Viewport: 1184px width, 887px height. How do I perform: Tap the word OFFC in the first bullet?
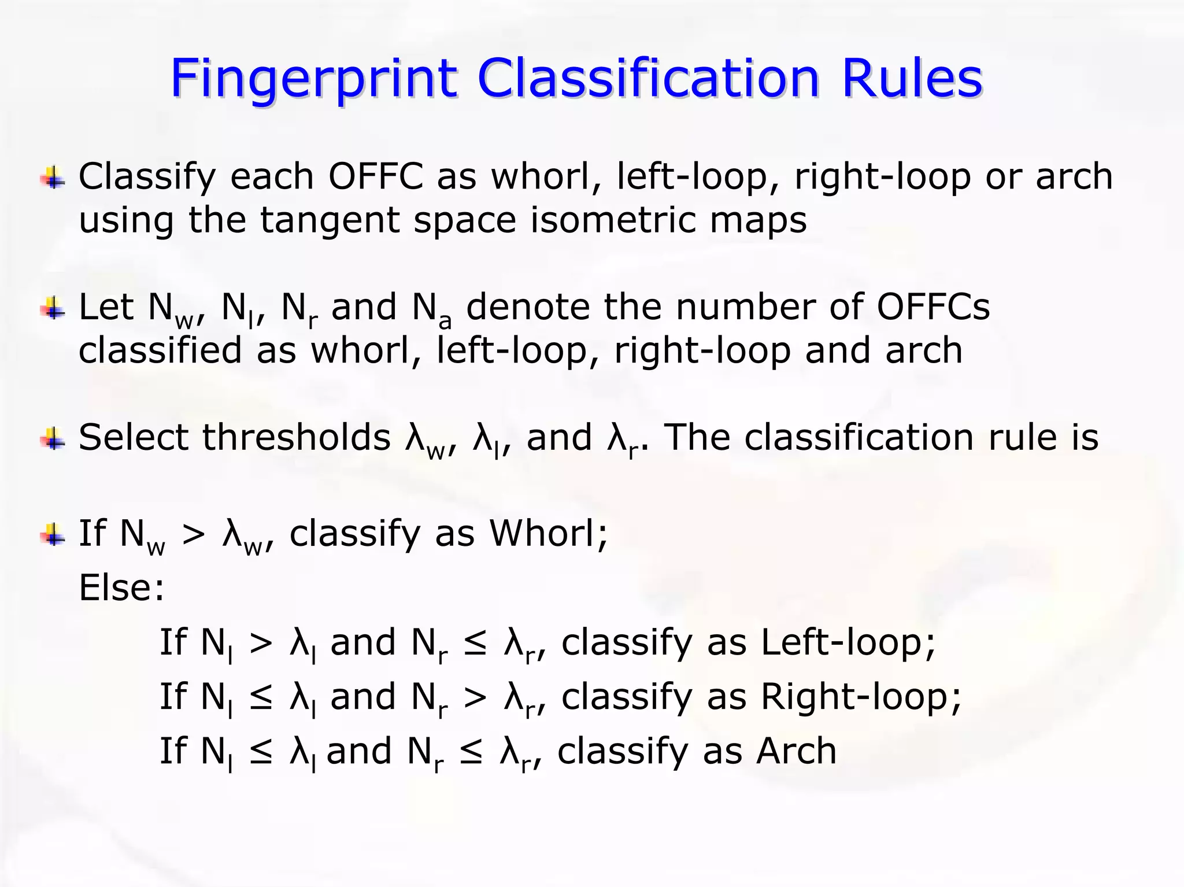coord(376,176)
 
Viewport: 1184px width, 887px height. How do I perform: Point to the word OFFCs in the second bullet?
coord(933,307)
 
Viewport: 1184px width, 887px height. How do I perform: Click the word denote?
coord(527,307)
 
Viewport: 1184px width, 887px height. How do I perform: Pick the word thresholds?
coord(296,437)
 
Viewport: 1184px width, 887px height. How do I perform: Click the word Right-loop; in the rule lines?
coord(861,696)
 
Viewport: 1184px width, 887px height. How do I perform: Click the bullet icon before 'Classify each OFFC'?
coord(53,178)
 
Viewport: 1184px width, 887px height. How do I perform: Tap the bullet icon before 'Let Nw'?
coord(53,308)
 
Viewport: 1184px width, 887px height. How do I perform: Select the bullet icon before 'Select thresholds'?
coord(53,438)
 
